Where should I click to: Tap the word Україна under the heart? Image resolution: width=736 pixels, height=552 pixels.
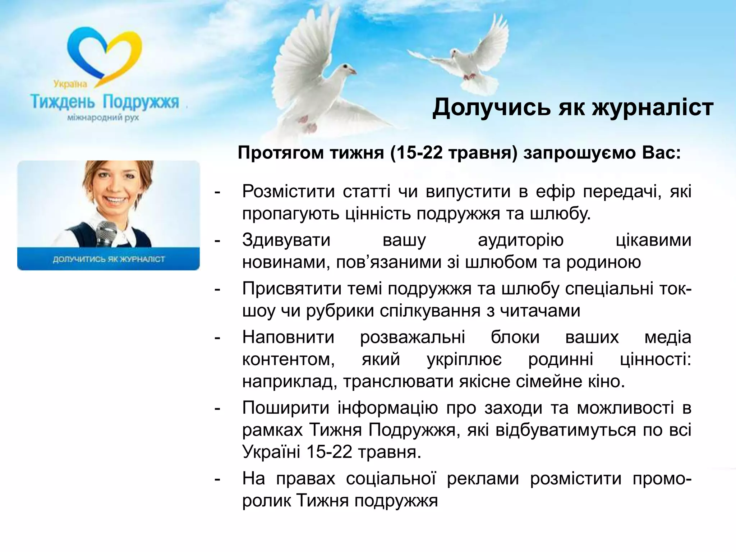pos(70,84)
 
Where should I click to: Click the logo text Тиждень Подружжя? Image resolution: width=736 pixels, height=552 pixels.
pos(105,102)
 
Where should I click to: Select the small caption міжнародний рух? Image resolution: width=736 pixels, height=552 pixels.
pos(103,118)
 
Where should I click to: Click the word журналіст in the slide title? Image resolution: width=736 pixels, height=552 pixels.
pos(652,107)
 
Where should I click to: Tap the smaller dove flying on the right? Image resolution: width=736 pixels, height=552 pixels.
pos(464,61)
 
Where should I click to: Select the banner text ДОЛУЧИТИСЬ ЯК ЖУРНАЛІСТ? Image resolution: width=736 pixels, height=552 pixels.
pos(109,259)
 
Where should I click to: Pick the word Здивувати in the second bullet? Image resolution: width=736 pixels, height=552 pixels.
pos(286,240)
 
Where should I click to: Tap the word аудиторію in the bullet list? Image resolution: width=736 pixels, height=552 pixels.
pos(520,240)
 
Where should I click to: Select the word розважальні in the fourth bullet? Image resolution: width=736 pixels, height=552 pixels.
pos(413,337)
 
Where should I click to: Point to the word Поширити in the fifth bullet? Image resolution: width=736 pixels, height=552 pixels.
pos(286,408)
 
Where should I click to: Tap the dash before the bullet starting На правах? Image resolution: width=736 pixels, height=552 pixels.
pos(217,479)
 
